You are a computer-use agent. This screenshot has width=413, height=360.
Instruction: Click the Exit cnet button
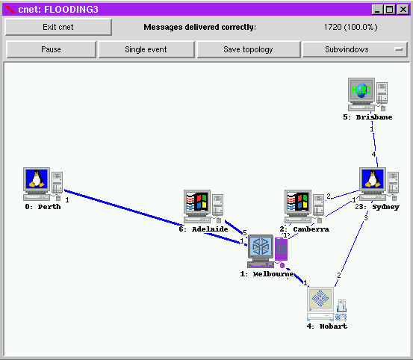pyautogui.click(x=58, y=27)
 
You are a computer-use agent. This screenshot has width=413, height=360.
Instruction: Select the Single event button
pyautogui.click(x=146, y=49)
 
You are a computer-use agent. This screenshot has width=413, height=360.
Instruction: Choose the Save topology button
pyautogui.click(x=248, y=49)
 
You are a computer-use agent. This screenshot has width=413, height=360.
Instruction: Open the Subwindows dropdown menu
pyautogui.click(x=354, y=49)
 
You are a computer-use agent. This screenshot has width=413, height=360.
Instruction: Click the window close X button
pyautogui.click(x=403, y=9)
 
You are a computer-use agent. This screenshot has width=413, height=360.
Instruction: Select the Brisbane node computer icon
pyautogui.click(x=367, y=94)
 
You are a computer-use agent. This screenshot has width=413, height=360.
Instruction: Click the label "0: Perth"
pyautogui.click(x=43, y=207)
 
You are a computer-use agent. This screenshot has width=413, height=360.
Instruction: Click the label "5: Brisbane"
pyautogui.click(x=367, y=117)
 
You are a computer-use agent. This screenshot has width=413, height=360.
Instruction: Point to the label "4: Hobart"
pyautogui.click(x=326, y=326)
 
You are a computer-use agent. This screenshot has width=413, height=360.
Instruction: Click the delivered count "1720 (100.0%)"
pyautogui.click(x=350, y=27)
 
